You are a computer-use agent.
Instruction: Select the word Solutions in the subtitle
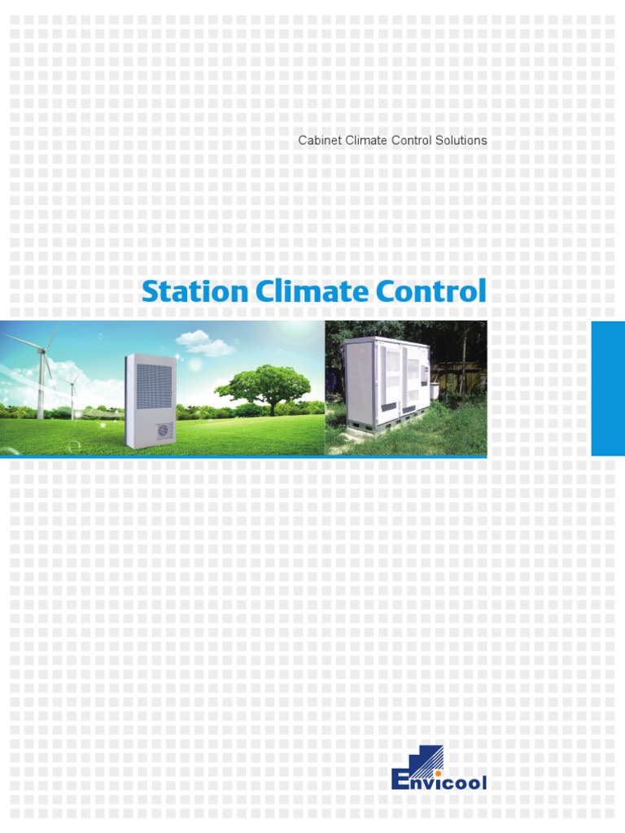tap(461, 141)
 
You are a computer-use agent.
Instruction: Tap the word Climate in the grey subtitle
tap(366, 141)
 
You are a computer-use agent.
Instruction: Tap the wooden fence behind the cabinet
tap(460, 376)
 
